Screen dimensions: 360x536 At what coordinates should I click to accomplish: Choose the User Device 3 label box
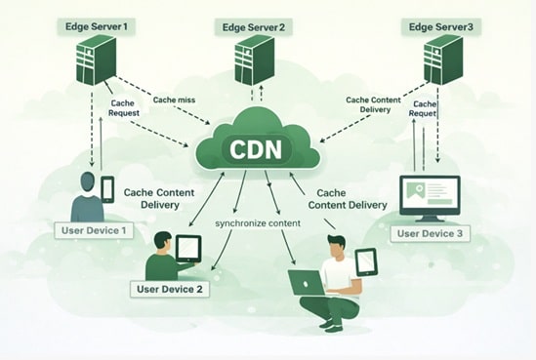[432, 233]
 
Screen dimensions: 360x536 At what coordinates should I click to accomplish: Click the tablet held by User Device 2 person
[187, 248]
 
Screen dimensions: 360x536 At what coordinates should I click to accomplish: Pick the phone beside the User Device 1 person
[107, 188]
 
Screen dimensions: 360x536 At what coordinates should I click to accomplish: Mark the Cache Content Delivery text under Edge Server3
[374, 104]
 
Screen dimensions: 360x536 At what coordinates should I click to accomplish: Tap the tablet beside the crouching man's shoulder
[365, 261]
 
